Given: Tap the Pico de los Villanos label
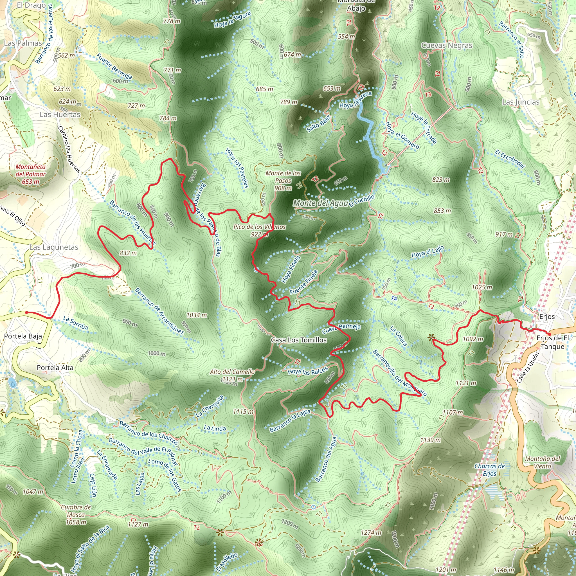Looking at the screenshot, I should tap(259, 230).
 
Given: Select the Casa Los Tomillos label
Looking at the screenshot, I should tap(299, 340).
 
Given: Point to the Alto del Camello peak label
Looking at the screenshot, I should tap(232, 375).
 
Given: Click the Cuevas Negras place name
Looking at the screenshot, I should tap(447, 45).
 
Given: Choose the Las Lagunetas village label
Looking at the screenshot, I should tap(54, 247).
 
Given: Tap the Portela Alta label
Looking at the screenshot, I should tap(55, 368).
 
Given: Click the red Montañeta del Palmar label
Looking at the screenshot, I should tap(30, 174).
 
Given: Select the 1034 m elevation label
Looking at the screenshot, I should tap(197, 315).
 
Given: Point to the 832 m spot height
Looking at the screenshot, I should tap(128, 253).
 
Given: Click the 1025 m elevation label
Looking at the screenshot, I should tap(482, 287).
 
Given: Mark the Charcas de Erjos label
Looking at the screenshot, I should tap(490, 470).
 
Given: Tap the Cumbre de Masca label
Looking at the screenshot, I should tap(76, 515).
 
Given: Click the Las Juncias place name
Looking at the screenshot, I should tap(521, 102).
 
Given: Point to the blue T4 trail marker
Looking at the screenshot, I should tap(394, 298).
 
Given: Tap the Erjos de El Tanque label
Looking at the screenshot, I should tap(552, 342).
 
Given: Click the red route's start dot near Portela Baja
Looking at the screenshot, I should tap(26, 312).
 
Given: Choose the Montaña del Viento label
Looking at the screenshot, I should tap(543, 462).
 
